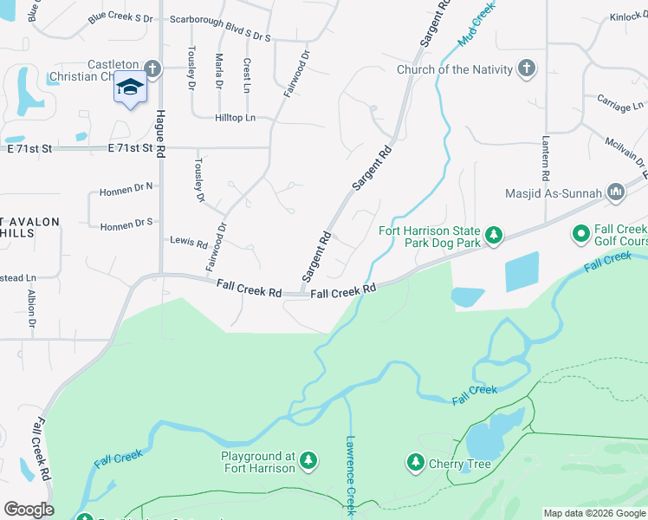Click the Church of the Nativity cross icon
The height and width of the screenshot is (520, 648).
click(527, 68)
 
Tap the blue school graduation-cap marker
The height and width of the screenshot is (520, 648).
click(130, 89)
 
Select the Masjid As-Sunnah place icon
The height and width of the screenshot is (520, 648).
click(616, 192)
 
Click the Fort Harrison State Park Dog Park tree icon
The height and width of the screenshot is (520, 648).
click(494, 236)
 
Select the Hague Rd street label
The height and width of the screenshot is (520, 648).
click(160, 130)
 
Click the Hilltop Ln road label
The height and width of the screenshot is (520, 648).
click(235, 118)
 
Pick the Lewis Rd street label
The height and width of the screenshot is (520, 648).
click(188, 243)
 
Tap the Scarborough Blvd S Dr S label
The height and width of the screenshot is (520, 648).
click(220, 38)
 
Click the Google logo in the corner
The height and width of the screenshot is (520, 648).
click(29, 510)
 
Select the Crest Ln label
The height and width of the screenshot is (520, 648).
click(247, 75)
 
